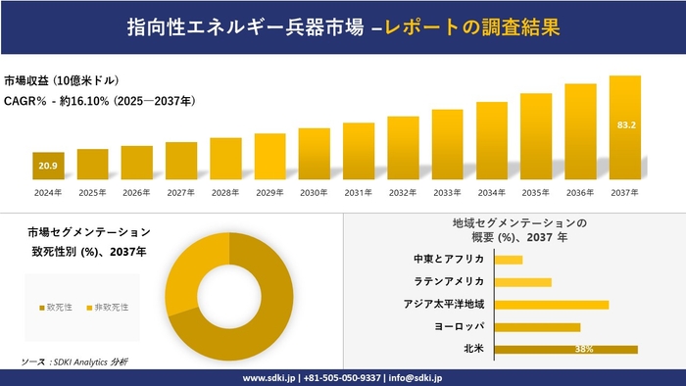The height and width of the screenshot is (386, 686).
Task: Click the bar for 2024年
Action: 48,168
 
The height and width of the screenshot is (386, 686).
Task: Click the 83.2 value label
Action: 625,125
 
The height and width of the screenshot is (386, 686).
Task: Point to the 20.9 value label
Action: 48,167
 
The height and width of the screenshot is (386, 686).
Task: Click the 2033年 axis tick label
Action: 447,193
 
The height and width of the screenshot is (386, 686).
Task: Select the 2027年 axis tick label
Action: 181,193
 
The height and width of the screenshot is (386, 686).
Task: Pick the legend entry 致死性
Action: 56,307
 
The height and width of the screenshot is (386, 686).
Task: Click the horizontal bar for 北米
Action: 566,349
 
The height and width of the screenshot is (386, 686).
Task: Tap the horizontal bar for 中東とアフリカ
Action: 509,260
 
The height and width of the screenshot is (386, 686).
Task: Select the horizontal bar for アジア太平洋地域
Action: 552,304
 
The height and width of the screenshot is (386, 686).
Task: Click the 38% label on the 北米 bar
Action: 584,349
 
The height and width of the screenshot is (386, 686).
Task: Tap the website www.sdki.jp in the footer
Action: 270,377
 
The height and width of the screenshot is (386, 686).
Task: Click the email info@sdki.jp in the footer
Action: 416,377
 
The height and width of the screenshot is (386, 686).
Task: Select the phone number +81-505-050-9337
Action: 343,377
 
